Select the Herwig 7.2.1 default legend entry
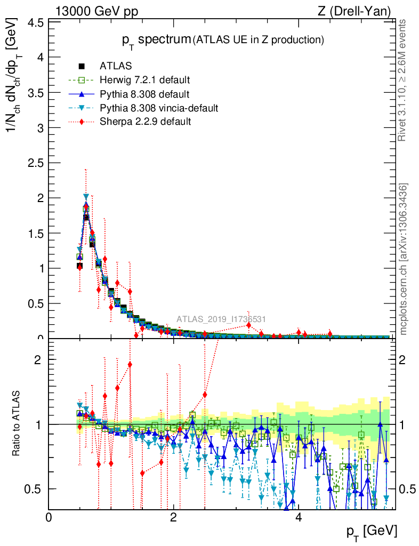click(144, 81)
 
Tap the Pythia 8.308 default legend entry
click(144, 94)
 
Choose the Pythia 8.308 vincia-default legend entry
click(158, 108)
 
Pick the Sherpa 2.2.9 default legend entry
click(145, 122)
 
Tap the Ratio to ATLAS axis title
click(17, 424)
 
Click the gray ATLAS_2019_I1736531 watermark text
click(221, 319)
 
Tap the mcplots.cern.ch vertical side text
click(404, 259)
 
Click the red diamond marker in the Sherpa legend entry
click(82, 122)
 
